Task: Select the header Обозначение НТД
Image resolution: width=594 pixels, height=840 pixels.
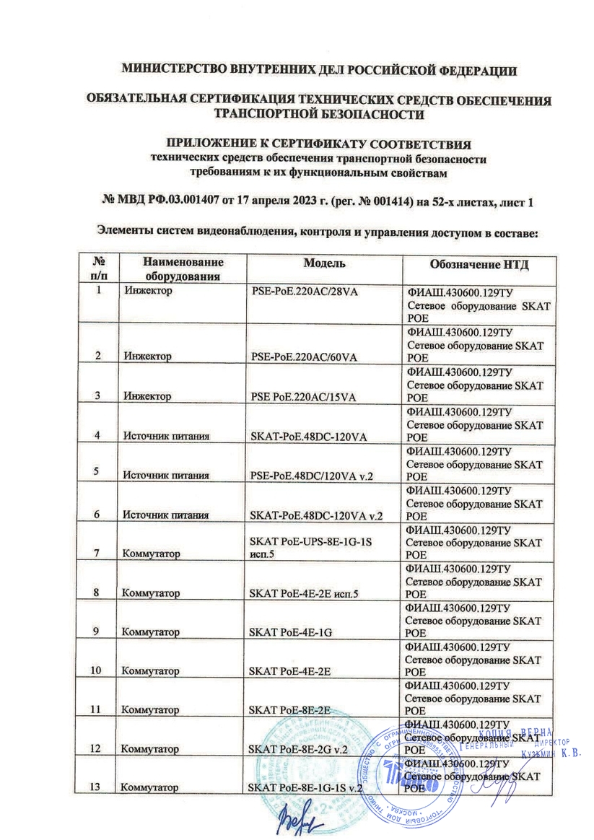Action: pos(480,265)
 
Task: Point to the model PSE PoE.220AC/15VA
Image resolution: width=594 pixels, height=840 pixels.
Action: pos(300,395)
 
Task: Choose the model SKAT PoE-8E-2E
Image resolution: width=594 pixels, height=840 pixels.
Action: pos(289,710)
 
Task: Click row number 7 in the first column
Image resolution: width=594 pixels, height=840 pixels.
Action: pos(96,554)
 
